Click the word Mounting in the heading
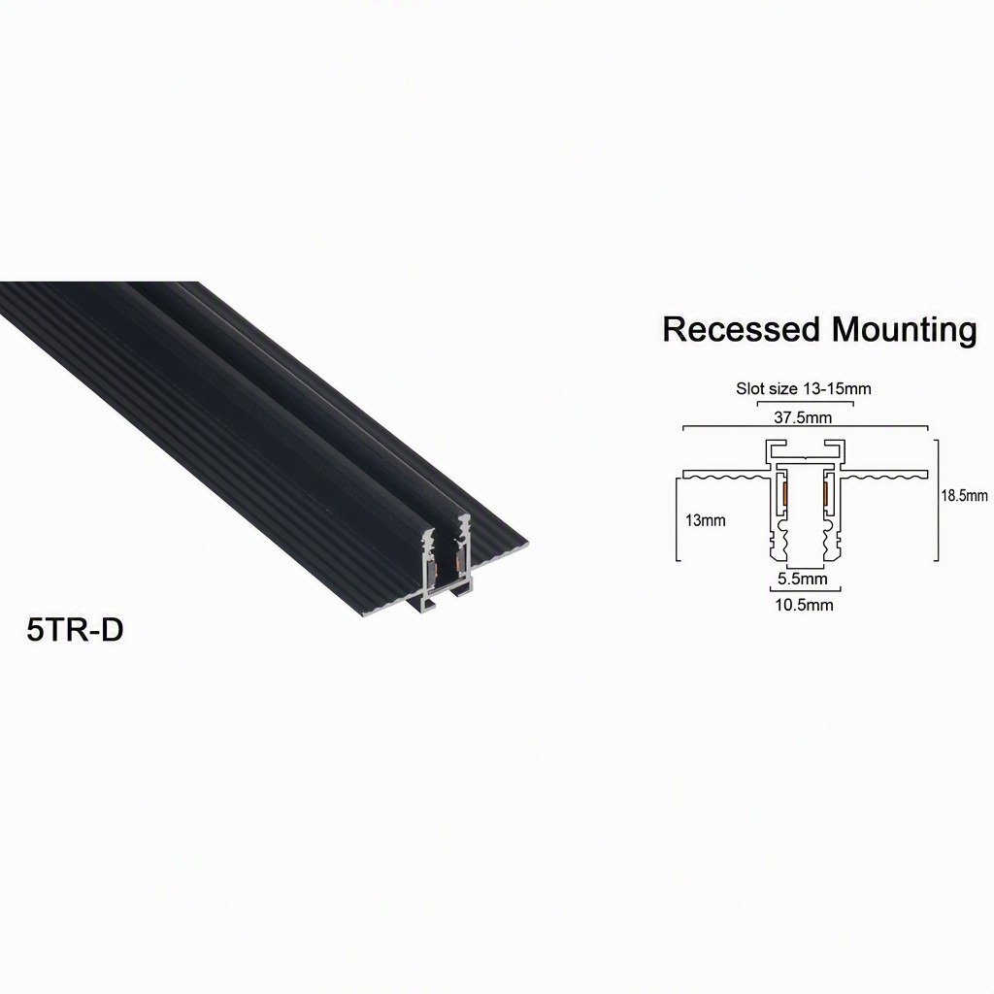(x=904, y=331)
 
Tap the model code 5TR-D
(x=75, y=630)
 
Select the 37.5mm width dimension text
(x=803, y=417)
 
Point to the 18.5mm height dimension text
(x=964, y=496)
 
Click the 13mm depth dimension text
(x=705, y=520)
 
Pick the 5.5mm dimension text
(x=803, y=579)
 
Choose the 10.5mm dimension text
(x=804, y=605)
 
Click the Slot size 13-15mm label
(x=803, y=388)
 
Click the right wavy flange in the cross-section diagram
(x=884, y=474)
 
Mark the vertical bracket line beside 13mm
(x=678, y=520)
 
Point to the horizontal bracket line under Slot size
(x=805, y=402)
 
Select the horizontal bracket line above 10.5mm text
(x=805, y=590)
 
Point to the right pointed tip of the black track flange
(x=527, y=543)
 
